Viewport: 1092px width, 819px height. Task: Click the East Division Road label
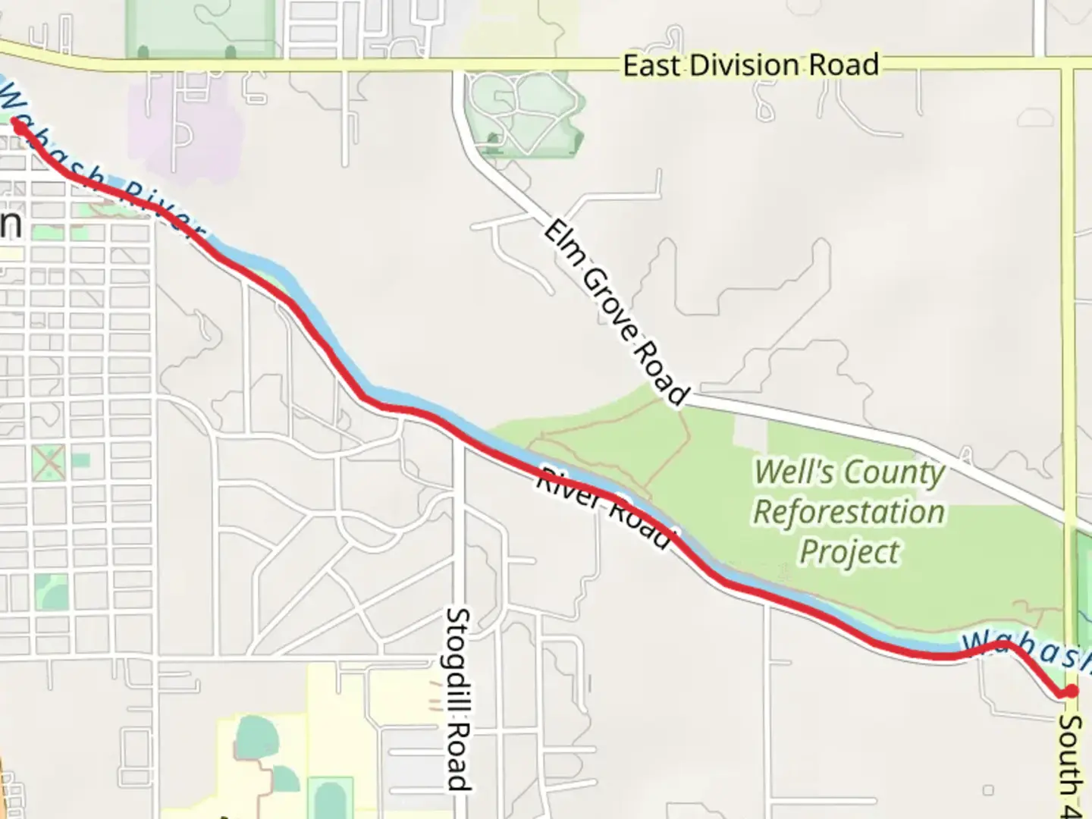751,65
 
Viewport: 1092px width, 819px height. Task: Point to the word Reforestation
849,512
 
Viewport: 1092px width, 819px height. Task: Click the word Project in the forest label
849,551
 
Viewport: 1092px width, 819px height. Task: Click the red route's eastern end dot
1072,690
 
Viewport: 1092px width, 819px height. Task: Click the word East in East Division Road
653,65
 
